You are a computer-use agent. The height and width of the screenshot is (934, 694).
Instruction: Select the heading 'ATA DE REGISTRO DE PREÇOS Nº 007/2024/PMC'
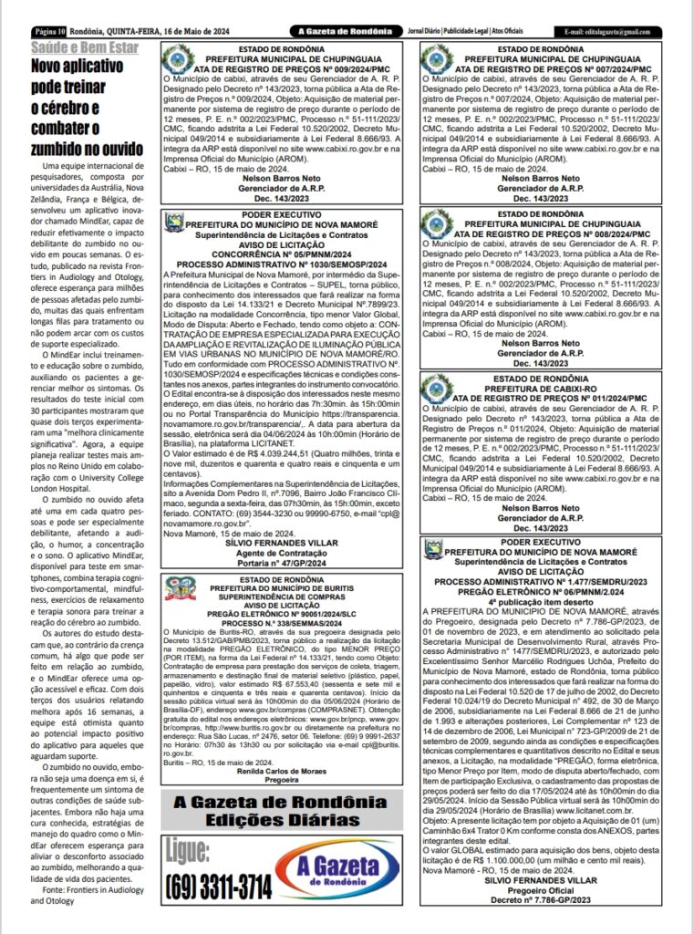[553, 69]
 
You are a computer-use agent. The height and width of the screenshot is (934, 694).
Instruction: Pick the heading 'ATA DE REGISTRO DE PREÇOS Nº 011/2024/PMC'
[553, 398]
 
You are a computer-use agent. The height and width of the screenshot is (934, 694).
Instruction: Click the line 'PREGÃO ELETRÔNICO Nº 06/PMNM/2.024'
[554, 590]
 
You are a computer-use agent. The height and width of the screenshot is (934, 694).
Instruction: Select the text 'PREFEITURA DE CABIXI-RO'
[554, 389]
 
